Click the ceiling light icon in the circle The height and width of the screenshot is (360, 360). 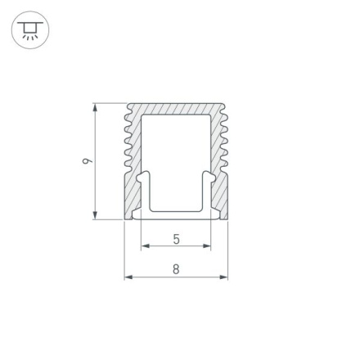click(x=31, y=30)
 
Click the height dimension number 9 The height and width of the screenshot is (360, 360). click(x=88, y=161)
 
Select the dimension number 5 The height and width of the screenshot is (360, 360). click(x=176, y=239)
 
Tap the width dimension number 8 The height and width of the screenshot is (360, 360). click(x=176, y=269)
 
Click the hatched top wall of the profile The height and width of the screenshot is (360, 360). click(x=176, y=109)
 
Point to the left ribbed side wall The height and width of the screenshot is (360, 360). click(x=133, y=164)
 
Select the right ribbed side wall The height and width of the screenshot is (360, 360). click(x=218, y=164)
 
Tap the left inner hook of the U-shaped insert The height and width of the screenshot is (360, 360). click(x=144, y=178)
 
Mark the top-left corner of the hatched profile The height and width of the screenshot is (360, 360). click(x=129, y=104)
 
